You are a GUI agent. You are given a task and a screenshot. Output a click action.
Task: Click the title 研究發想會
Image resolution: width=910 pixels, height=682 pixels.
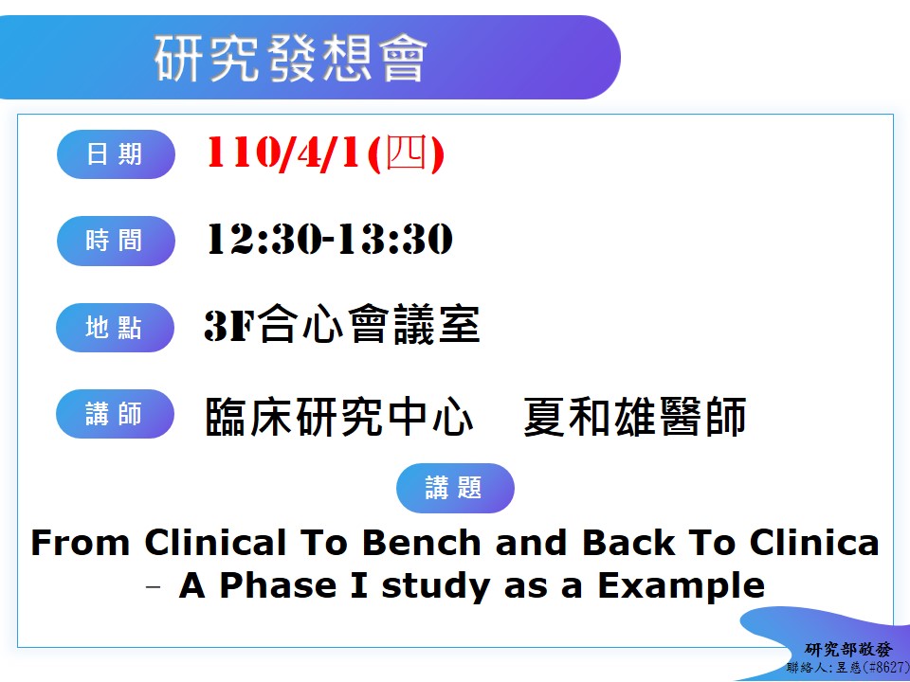pos(291,58)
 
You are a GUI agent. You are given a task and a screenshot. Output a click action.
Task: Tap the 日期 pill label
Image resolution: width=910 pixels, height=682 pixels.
pos(116,154)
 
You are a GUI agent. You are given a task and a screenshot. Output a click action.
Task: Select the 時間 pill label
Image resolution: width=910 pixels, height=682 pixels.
pos(116,241)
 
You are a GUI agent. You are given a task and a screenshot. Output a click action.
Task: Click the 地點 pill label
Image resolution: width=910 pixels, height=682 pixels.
pos(115,328)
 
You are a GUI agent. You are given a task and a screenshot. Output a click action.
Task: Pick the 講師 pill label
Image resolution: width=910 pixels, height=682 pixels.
pos(115,414)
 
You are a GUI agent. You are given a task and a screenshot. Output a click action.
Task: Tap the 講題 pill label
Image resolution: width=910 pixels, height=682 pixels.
pos(455,488)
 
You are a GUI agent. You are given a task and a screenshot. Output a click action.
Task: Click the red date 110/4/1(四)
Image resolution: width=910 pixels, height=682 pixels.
pos(325,153)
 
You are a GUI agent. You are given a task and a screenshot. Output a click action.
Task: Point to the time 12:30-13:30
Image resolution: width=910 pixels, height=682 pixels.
pos(330,239)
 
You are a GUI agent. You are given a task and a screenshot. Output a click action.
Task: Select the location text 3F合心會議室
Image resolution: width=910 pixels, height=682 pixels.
pos(342,325)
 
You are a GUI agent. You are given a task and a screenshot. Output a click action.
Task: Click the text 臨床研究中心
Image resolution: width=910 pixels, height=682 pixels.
pos(339,417)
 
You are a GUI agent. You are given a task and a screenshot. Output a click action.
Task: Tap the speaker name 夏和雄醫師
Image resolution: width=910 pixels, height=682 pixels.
pos(634,417)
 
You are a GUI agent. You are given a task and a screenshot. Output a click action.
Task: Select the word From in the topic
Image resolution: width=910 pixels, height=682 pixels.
pos(80,543)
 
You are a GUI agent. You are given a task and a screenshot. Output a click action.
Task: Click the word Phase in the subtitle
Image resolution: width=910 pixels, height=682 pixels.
pos(279,585)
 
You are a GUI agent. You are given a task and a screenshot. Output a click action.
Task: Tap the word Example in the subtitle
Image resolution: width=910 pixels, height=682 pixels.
pos(682,585)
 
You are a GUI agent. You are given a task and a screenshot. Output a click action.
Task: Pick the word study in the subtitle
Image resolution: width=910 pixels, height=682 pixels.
pos(436,586)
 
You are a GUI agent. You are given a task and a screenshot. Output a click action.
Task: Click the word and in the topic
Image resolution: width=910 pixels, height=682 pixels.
pos(531,543)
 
